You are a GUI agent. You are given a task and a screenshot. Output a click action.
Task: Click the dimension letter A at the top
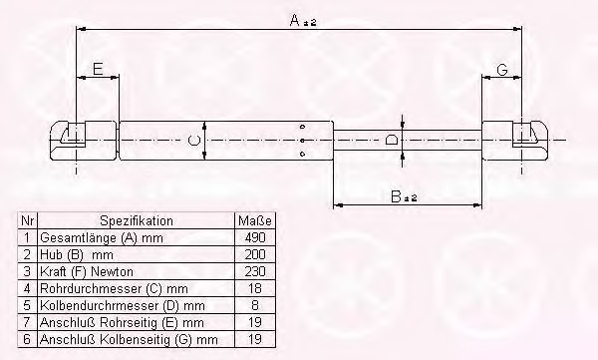click(295, 20)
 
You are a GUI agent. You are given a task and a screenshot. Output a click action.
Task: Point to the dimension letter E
click(98, 69)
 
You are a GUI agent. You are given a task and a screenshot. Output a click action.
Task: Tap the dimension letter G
click(502, 70)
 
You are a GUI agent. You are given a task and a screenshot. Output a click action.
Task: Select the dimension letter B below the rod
click(397, 196)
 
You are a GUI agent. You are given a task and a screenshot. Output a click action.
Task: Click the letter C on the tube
click(194, 140)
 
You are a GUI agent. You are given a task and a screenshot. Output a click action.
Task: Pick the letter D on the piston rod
click(392, 140)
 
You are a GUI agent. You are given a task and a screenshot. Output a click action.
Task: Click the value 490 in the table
click(255, 237)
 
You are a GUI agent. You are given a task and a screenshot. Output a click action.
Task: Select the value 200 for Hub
click(255, 254)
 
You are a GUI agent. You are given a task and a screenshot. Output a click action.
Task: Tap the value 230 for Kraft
click(255, 271)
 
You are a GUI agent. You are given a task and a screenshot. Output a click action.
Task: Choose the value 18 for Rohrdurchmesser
click(255, 288)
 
